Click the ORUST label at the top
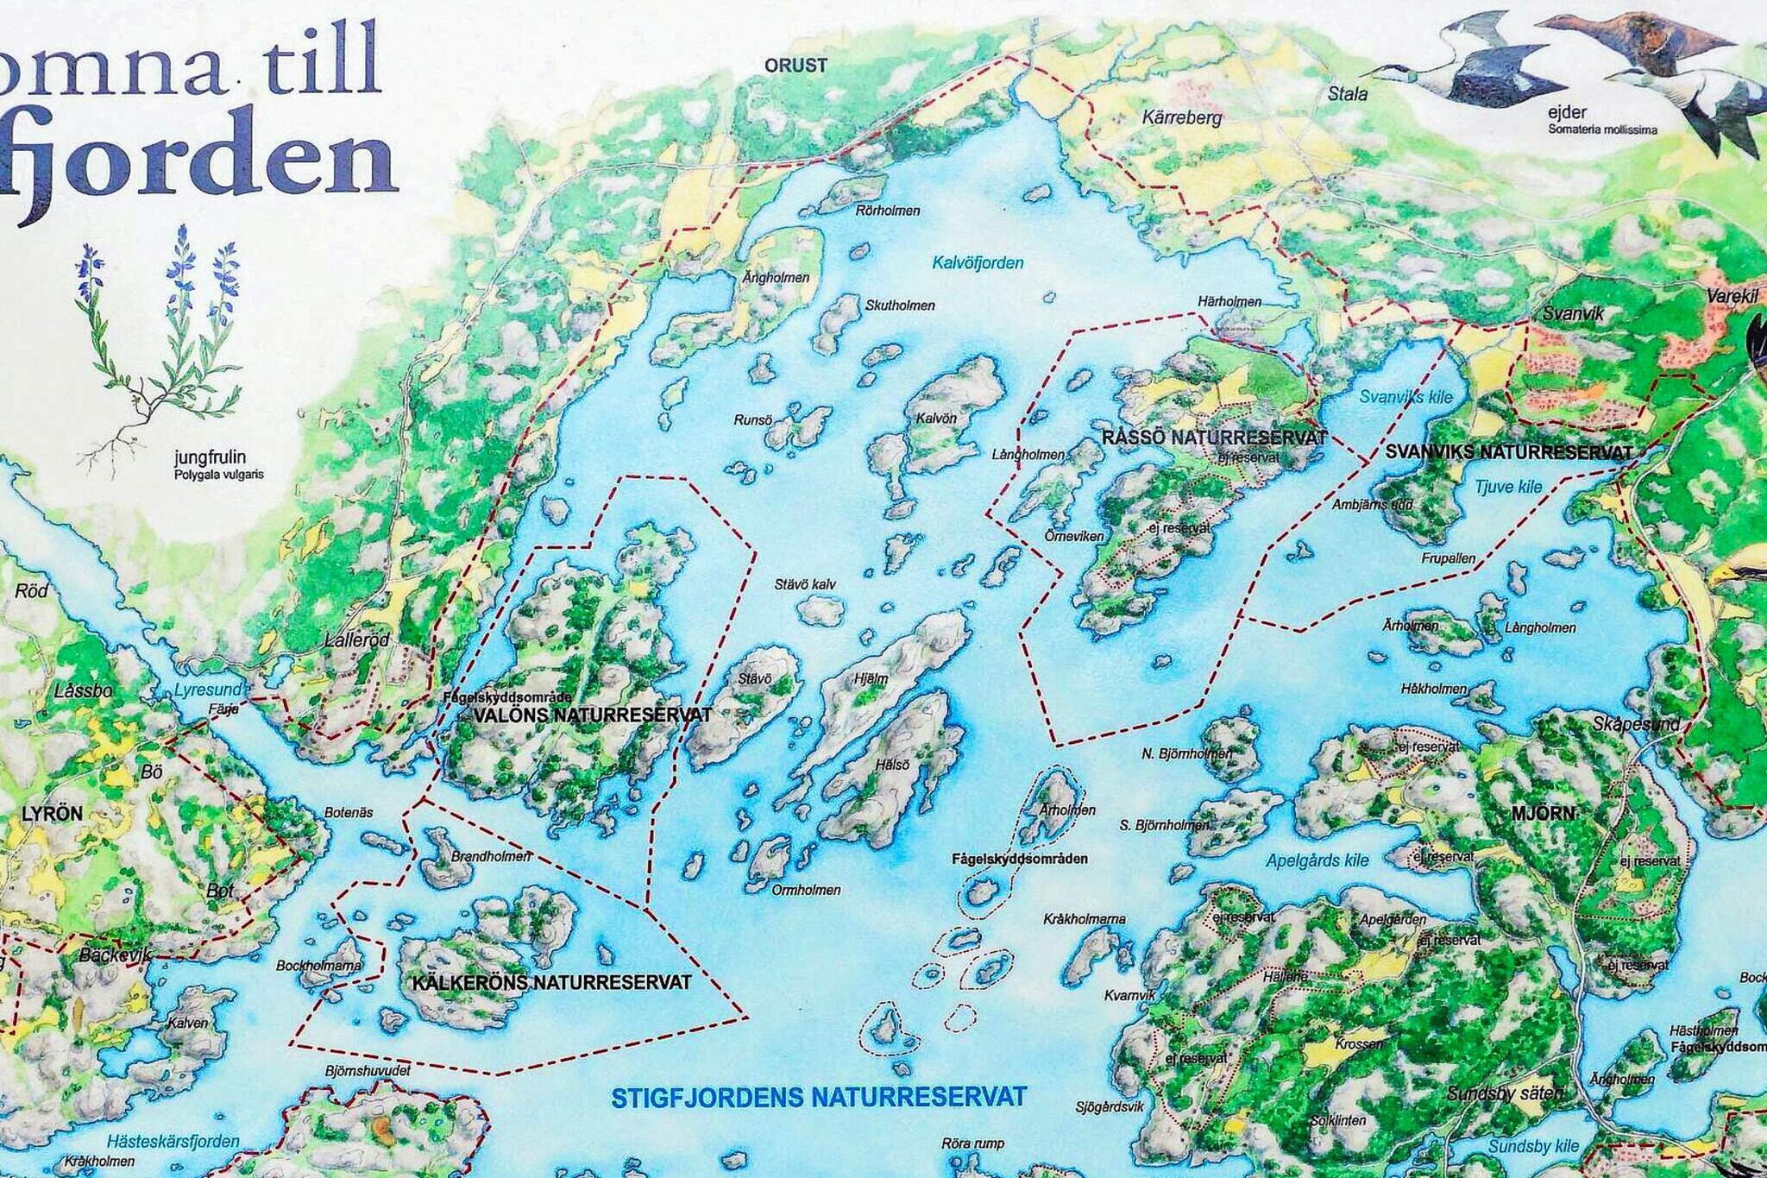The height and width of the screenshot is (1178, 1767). coord(795,66)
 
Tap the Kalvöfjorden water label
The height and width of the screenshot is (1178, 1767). coord(978,263)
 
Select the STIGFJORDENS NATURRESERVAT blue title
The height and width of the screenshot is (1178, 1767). coord(819,1098)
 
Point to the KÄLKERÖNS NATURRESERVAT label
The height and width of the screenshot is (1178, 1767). coord(551,983)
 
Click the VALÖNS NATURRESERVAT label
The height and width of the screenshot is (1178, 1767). coord(593,715)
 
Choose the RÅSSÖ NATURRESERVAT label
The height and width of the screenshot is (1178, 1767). coord(1214,438)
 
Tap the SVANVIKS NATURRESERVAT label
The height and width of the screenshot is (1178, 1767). coord(1508,452)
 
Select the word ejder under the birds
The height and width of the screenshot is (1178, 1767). coord(1567,112)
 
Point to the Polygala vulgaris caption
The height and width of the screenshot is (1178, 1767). coord(219,475)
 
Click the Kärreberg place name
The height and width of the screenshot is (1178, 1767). coord(1182,117)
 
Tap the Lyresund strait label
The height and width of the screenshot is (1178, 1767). coord(208,690)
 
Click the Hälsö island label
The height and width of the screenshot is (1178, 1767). coord(892,765)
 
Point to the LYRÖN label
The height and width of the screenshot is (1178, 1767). coord(52,814)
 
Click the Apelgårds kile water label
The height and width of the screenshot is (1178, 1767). coord(1317,860)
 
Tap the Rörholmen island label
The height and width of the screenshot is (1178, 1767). coord(888,211)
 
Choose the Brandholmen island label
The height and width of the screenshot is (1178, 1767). coord(491,857)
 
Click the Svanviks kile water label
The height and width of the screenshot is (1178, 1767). coord(1405,397)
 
